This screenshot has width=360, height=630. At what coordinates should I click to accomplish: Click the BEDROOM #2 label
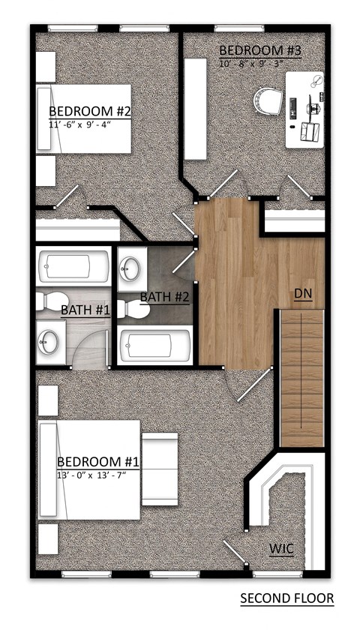pos(90,112)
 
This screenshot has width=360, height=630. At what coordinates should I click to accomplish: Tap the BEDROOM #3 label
pos(260,51)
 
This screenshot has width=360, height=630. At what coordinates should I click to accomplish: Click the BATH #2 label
pos(165,297)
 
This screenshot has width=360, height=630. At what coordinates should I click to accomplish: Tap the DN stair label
pos(302,292)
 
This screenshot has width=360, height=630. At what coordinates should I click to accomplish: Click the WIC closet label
pos(281,549)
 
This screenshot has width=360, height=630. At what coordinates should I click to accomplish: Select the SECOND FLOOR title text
pos(286,598)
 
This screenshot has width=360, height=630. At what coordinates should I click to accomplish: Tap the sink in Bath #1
pos(49,342)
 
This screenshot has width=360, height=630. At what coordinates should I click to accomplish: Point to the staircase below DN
pos(301,379)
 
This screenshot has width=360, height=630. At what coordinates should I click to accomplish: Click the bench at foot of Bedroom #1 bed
pos(159,468)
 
